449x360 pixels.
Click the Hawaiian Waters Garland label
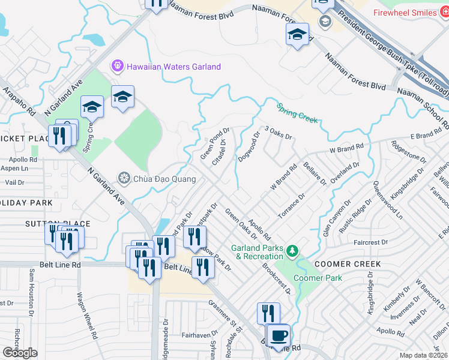coord(173,67)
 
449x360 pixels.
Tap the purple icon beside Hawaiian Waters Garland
coord(117,65)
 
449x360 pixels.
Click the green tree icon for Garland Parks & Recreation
coord(292,250)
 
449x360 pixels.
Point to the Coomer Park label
coord(318,278)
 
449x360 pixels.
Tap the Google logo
coord(20,353)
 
